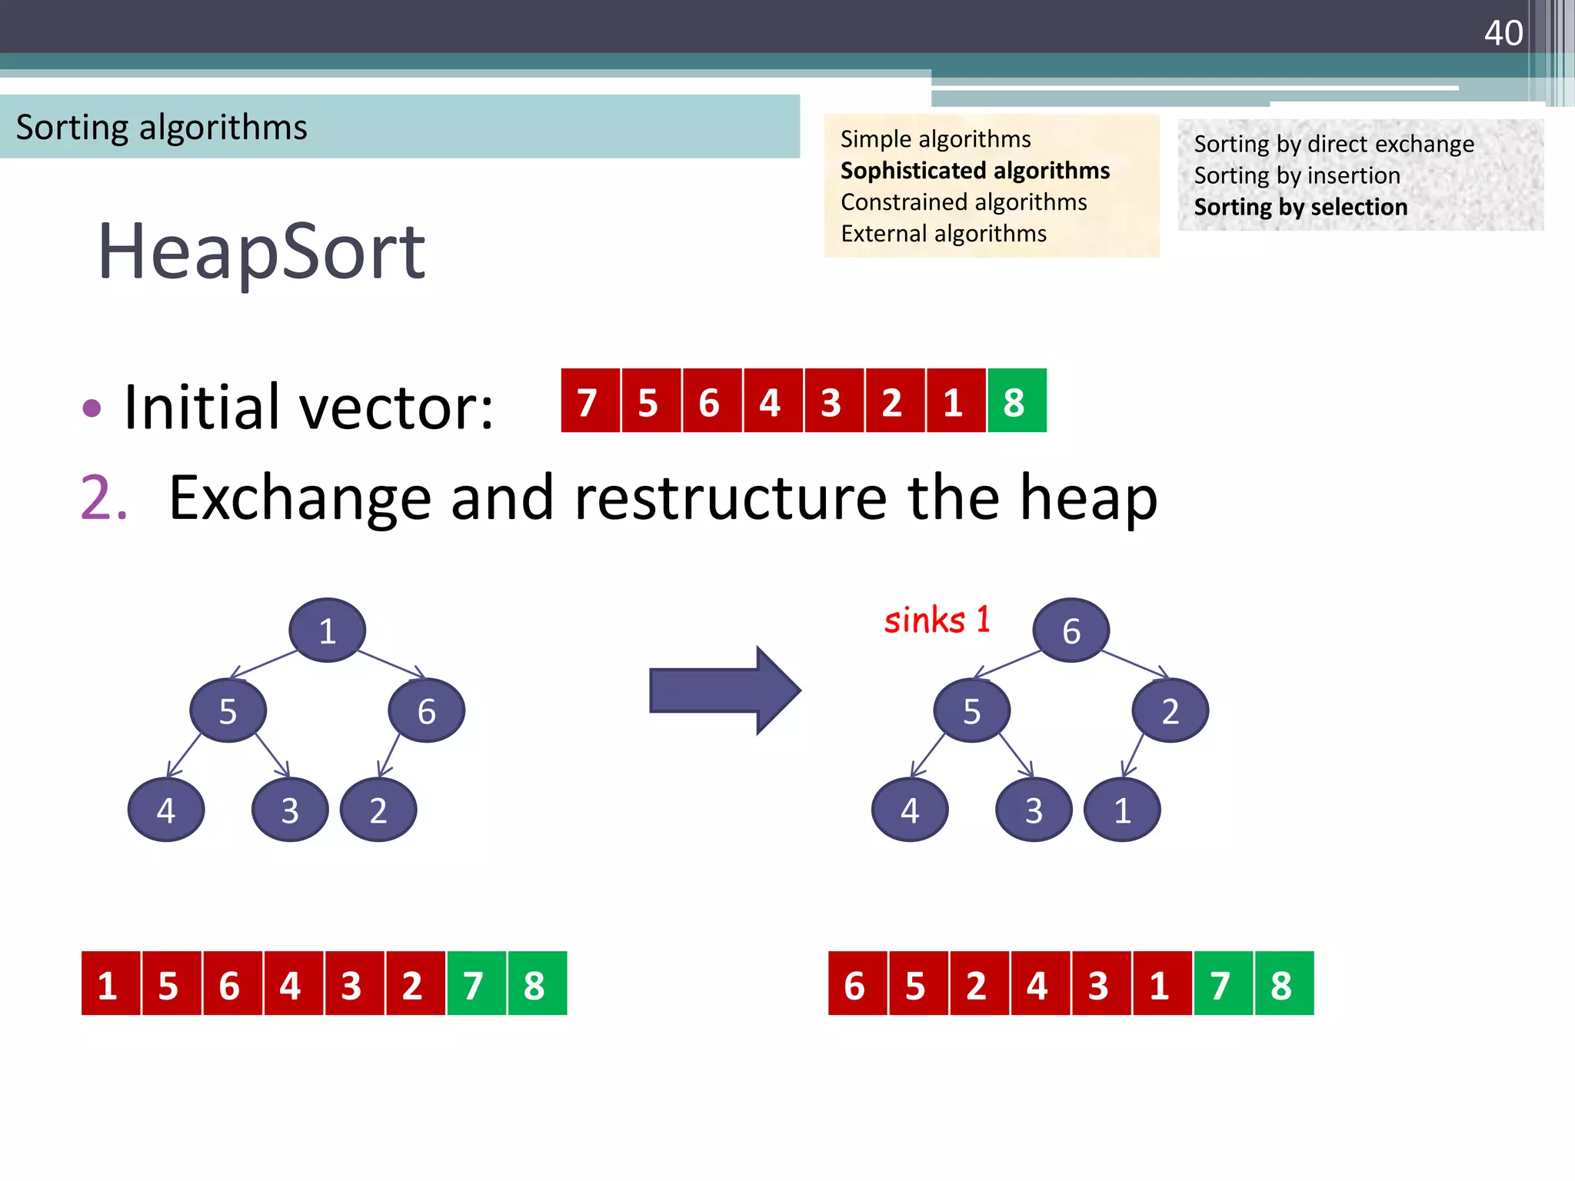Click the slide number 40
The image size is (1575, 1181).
point(1503,33)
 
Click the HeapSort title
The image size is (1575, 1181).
point(261,251)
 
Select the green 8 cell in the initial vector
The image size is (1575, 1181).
point(1016,401)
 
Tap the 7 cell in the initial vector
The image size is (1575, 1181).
point(589,401)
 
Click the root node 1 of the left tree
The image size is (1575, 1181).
point(328,630)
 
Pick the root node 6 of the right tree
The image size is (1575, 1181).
point(1071,630)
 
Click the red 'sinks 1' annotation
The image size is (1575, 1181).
point(937,620)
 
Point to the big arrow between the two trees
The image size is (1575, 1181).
point(724,690)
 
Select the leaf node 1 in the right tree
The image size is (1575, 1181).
point(1122,810)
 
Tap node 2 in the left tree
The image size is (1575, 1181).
point(378,810)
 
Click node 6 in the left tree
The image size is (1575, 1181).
point(426,710)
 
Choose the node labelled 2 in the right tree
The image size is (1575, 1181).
point(1170,710)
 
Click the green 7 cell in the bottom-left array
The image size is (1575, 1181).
point(475,983)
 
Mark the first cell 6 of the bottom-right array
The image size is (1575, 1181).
point(857,983)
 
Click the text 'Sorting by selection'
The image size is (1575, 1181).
point(1300,207)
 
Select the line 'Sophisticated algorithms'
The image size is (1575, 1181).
point(974,170)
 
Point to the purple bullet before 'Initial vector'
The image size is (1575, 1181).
point(92,408)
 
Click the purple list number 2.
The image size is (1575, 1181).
point(103,498)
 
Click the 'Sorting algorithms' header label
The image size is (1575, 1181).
point(161,127)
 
